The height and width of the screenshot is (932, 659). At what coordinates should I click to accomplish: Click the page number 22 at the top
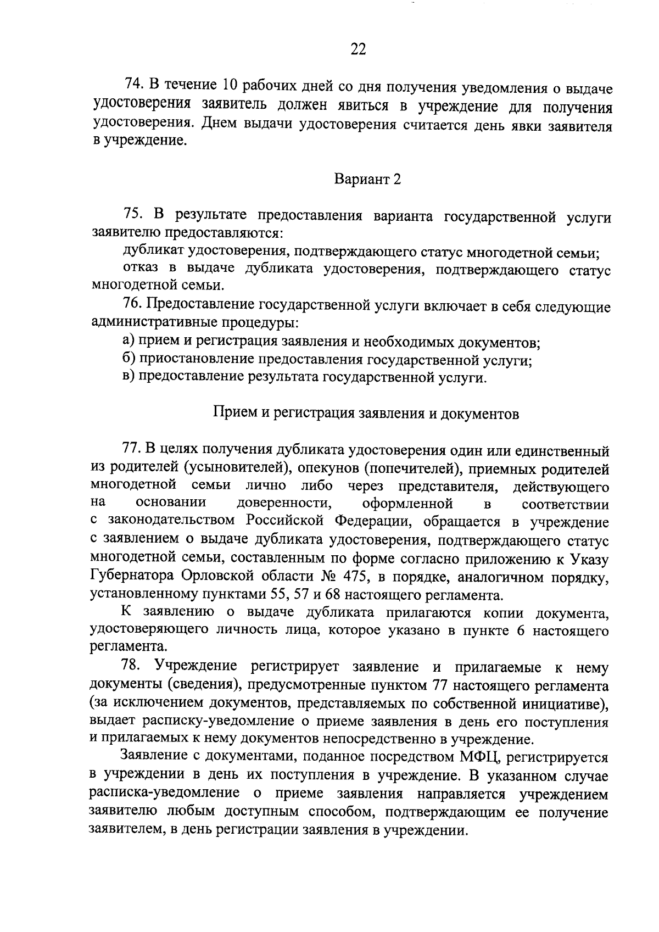click(358, 49)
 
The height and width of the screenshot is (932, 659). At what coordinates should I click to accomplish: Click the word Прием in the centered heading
click(231, 413)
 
